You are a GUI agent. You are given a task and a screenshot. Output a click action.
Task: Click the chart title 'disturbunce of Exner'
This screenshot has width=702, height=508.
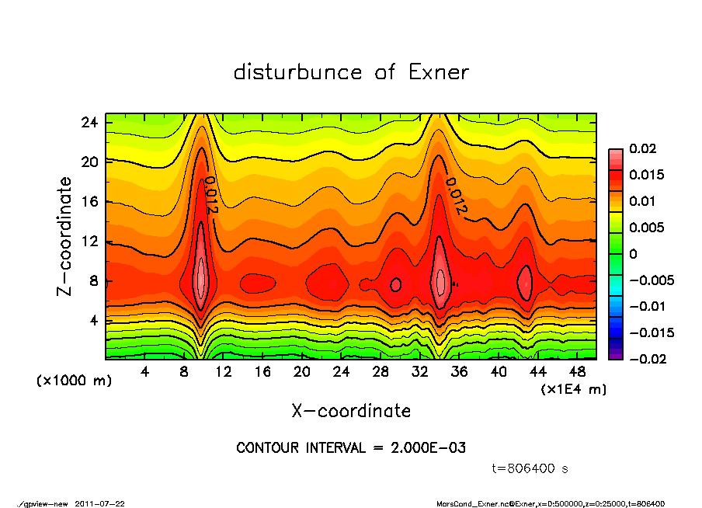point(351,72)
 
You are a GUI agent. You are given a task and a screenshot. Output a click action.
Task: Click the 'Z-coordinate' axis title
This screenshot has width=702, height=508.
point(65,236)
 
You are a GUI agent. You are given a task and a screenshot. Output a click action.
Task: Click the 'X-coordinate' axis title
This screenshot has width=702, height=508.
point(351,411)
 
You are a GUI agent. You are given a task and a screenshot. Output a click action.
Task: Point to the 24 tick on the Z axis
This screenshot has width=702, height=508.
point(90,122)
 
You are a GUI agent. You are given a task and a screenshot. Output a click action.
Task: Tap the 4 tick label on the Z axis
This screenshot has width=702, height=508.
point(93,320)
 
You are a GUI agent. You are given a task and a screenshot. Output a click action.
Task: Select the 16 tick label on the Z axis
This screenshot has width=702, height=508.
point(90,201)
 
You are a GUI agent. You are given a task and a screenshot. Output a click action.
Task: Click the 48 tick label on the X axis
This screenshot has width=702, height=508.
point(578,372)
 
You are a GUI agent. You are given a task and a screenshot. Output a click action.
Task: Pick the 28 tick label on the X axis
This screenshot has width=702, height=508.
point(381,372)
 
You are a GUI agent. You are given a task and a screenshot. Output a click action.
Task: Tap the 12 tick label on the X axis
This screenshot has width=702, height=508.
point(224,372)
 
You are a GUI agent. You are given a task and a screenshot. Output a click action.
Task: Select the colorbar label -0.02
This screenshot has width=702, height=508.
point(645,359)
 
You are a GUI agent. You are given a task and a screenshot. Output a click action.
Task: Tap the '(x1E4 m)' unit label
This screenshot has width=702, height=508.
point(574,388)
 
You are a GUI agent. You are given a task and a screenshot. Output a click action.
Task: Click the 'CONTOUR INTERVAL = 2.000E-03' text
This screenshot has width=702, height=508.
point(351,447)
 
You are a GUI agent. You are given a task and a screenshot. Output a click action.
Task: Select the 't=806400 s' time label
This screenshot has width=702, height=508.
point(530,468)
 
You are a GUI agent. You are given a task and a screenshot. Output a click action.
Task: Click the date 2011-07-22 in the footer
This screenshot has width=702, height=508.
point(100,503)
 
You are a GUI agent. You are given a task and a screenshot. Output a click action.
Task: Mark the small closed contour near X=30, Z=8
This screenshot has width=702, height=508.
point(395,284)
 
